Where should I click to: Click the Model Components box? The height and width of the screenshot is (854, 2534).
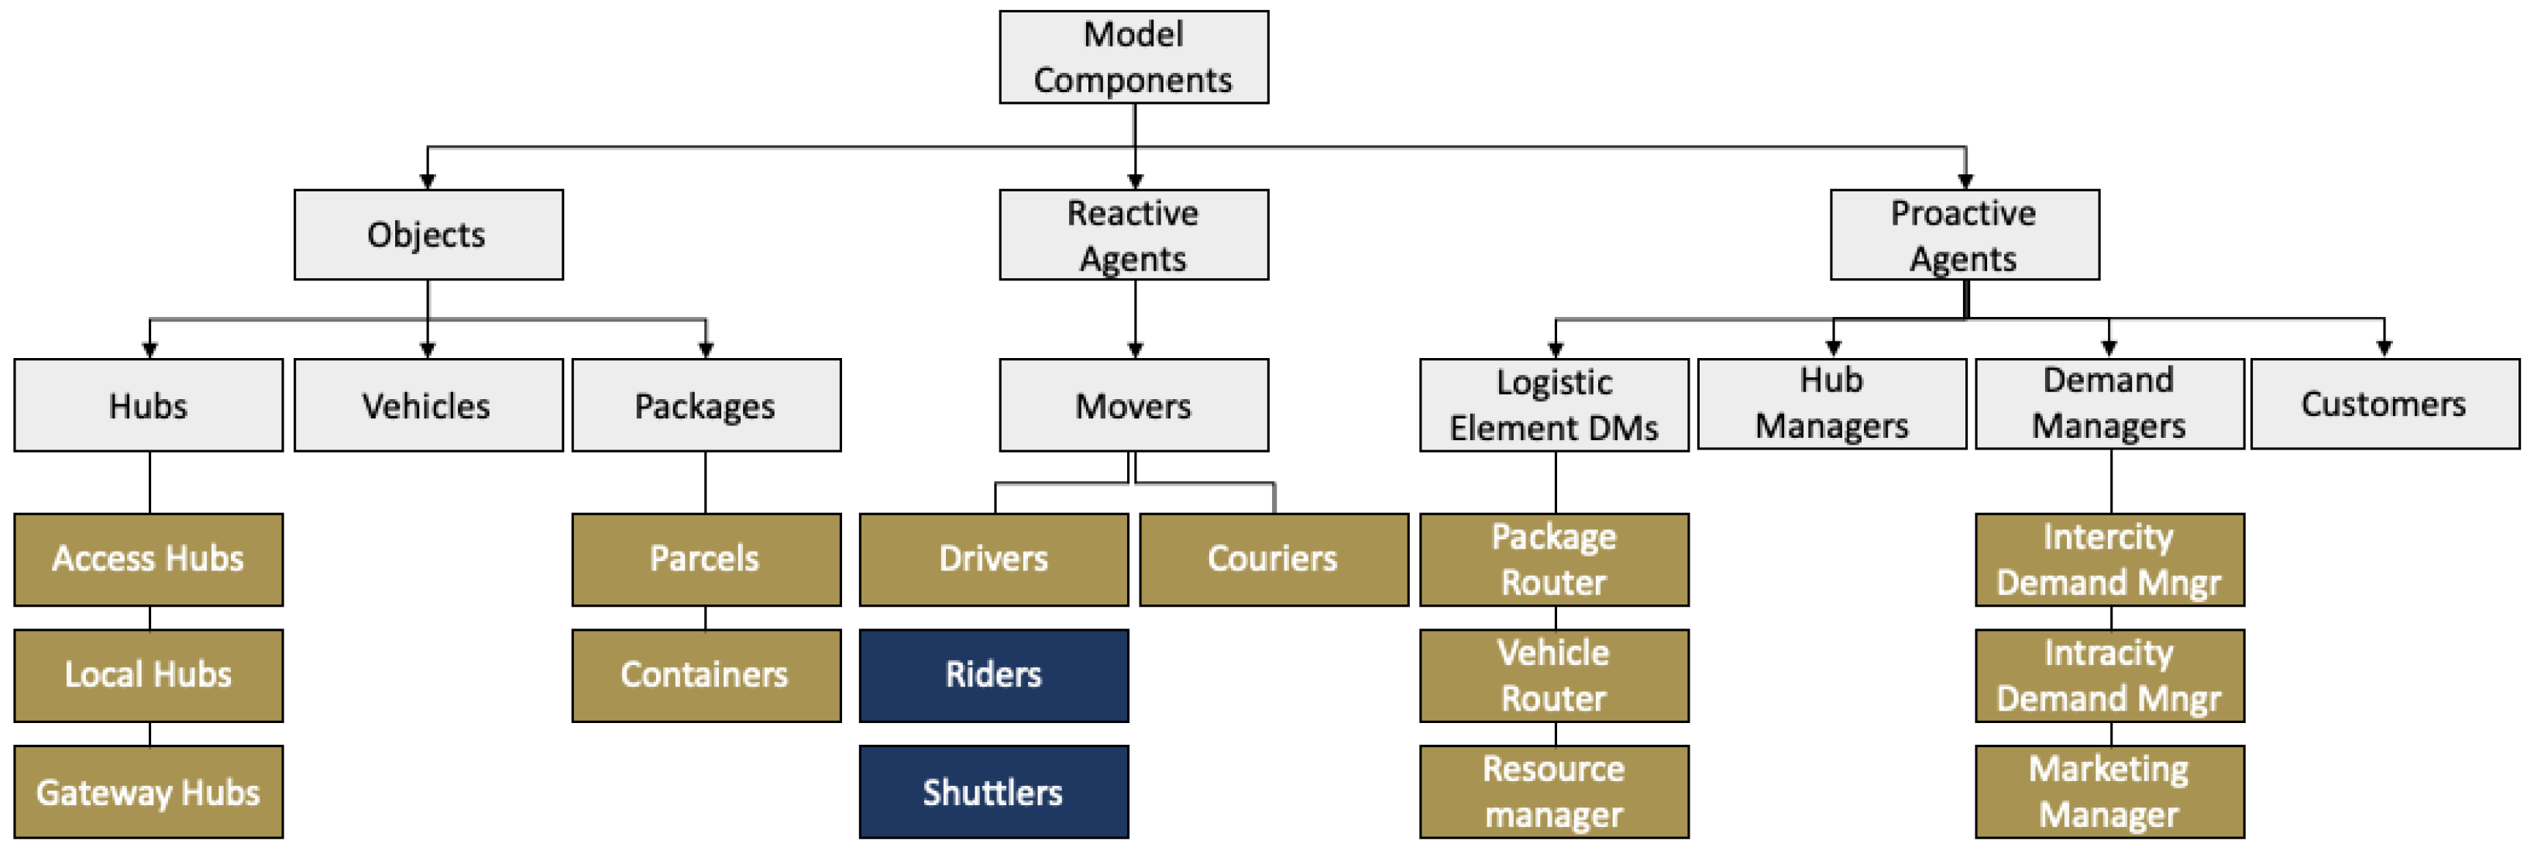coord(1133,57)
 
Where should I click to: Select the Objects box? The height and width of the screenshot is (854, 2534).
coord(428,234)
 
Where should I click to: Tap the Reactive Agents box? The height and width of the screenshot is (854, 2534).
coord(1133,234)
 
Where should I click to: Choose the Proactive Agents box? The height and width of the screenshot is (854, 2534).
coord(1964,234)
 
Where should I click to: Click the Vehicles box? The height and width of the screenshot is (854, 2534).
coord(428,405)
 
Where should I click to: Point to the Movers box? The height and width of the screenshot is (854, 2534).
coord(1133,405)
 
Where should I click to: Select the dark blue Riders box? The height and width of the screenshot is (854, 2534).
coord(992,675)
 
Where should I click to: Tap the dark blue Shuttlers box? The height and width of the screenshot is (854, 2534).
coord(992,791)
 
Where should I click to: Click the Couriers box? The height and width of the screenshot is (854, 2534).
coord(1273,559)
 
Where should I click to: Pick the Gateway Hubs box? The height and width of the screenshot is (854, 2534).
coord(149,791)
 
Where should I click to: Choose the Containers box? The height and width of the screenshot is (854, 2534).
coord(705,675)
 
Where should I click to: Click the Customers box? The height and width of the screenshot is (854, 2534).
coord(2384,404)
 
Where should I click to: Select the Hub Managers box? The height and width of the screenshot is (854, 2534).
coord(1831,404)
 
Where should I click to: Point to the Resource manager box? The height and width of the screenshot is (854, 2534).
coord(1553,791)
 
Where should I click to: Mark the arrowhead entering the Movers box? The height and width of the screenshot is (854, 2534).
coord(1134,350)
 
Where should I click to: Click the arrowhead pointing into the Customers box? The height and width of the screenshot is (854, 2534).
coord(2384,348)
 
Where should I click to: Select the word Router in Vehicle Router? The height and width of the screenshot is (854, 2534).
coord(1553,698)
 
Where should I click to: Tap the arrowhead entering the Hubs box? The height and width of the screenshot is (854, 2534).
coord(150,350)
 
